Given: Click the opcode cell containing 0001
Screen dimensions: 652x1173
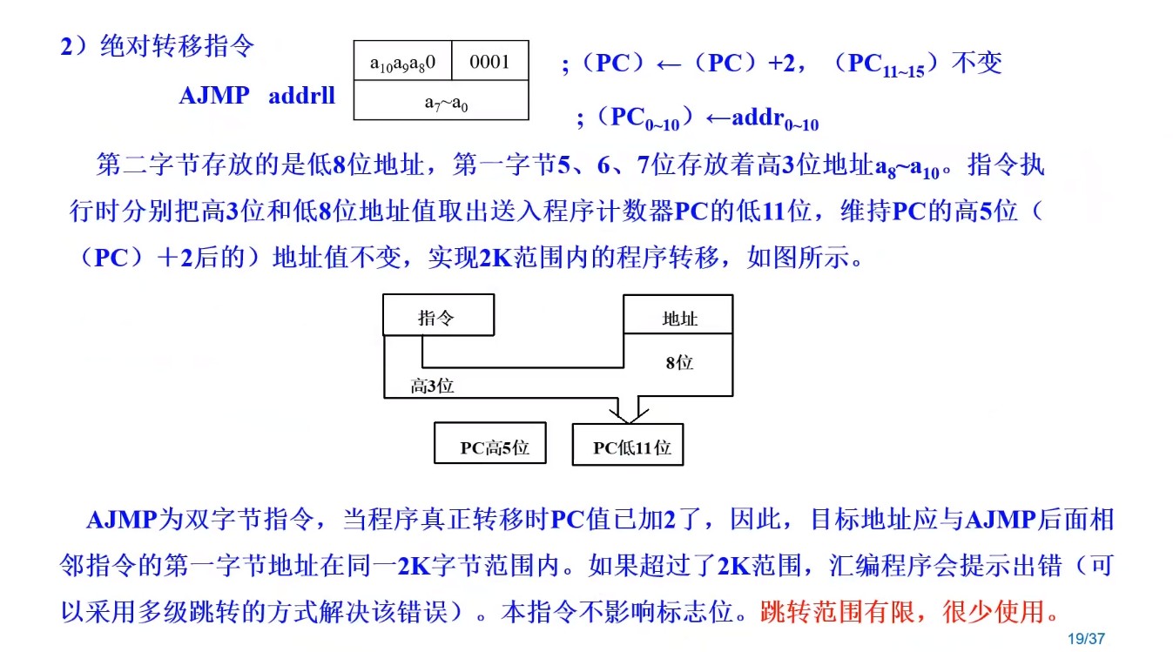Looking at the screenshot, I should click(489, 62).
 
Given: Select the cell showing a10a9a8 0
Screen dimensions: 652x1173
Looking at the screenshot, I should click(402, 63).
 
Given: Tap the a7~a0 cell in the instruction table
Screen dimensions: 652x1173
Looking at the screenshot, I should click(441, 102).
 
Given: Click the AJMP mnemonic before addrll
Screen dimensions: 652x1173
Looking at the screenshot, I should click(214, 95).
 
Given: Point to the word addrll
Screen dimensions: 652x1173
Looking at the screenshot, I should click(301, 95).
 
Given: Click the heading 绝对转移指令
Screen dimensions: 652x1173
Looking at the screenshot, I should click(178, 46).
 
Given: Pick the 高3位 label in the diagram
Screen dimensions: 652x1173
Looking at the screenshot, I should click(432, 386).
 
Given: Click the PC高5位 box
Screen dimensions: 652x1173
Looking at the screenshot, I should click(490, 447).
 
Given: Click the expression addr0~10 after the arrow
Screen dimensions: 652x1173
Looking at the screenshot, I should click(775, 119).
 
